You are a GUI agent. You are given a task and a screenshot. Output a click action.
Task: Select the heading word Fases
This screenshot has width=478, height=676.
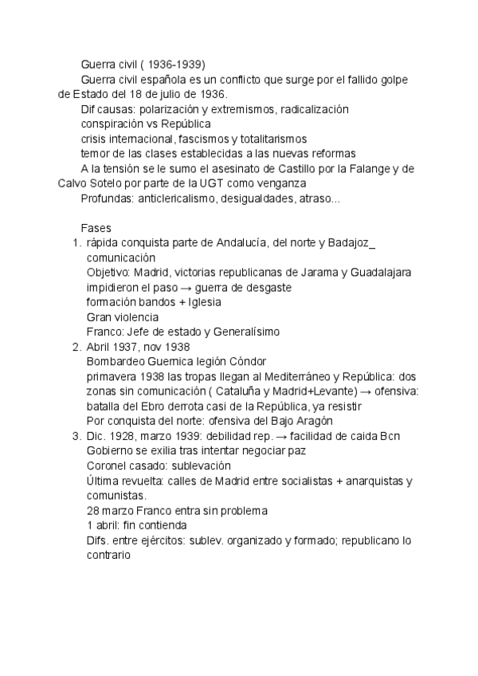pyautogui.click(x=96, y=228)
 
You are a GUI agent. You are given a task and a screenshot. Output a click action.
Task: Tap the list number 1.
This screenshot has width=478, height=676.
pyautogui.click(x=76, y=243)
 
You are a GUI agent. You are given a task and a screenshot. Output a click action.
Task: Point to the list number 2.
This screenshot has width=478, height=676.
pyautogui.click(x=76, y=347)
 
